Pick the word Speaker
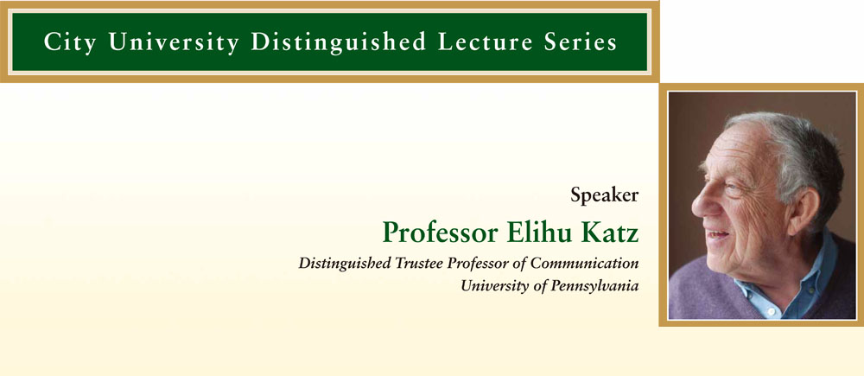[x=605, y=195]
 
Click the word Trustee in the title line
[x=419, y=264]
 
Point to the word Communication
[x=585, y=264]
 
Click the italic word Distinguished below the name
[x=345, y=264]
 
